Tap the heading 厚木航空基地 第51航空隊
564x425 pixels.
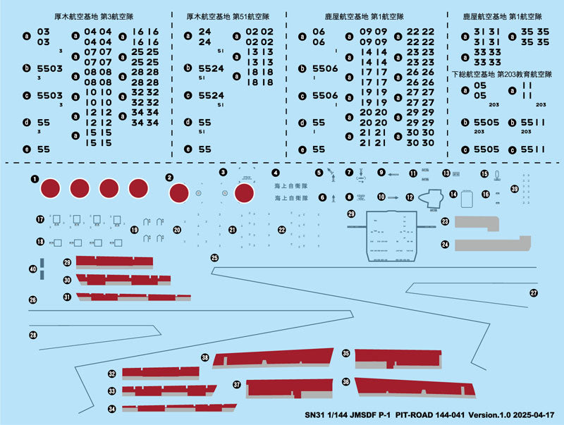tap(226, 15)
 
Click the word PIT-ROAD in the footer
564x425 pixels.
tap(420, 416)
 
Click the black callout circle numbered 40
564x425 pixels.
tap(32, 269)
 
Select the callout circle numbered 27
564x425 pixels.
tap(534, 292)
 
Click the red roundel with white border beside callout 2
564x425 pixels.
tap(180, 192)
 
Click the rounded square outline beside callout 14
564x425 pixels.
tap(466, 199)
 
